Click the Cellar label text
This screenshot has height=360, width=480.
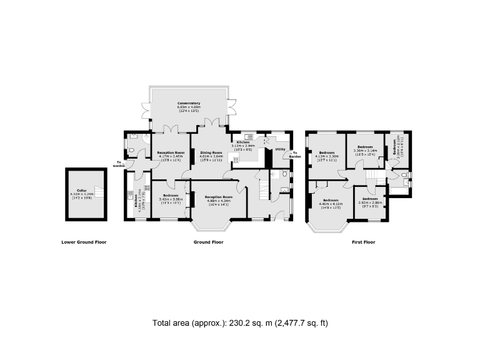click(x=81, y=191)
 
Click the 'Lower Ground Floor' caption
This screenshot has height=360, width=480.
click(x=83, y=242)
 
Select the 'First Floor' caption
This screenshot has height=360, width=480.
click(x=362, y=242)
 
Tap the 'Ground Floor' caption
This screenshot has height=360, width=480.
click(x=210, y=242)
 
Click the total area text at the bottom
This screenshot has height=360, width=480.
click(x=240, y=323)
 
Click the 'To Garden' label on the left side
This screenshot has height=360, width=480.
click(x=119, y=164)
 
